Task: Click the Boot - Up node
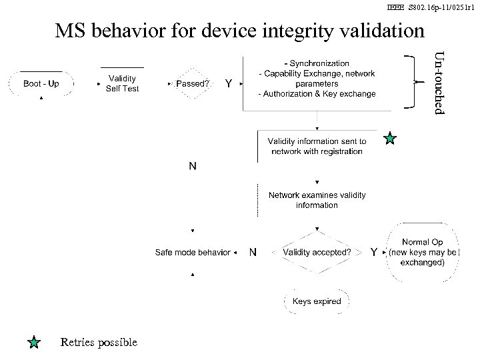click(41, 84)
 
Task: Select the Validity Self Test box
click(123, 83)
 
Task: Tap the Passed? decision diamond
click(192, 84)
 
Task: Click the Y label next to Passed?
click(229, 84)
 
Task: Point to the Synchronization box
click(317, 79)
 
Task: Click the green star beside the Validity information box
click(390, 139)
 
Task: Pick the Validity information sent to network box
click(317, 146)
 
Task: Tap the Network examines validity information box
click(317, 200)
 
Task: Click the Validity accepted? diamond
click(317, 252)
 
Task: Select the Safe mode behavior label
click(192, 252)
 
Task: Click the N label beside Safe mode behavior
click(253, 252)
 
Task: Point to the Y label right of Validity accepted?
click(374, 252)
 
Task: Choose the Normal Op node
click(423, 252)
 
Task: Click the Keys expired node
click(317, 301)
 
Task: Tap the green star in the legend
click(35, 343)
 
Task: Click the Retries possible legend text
click(98, 342)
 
